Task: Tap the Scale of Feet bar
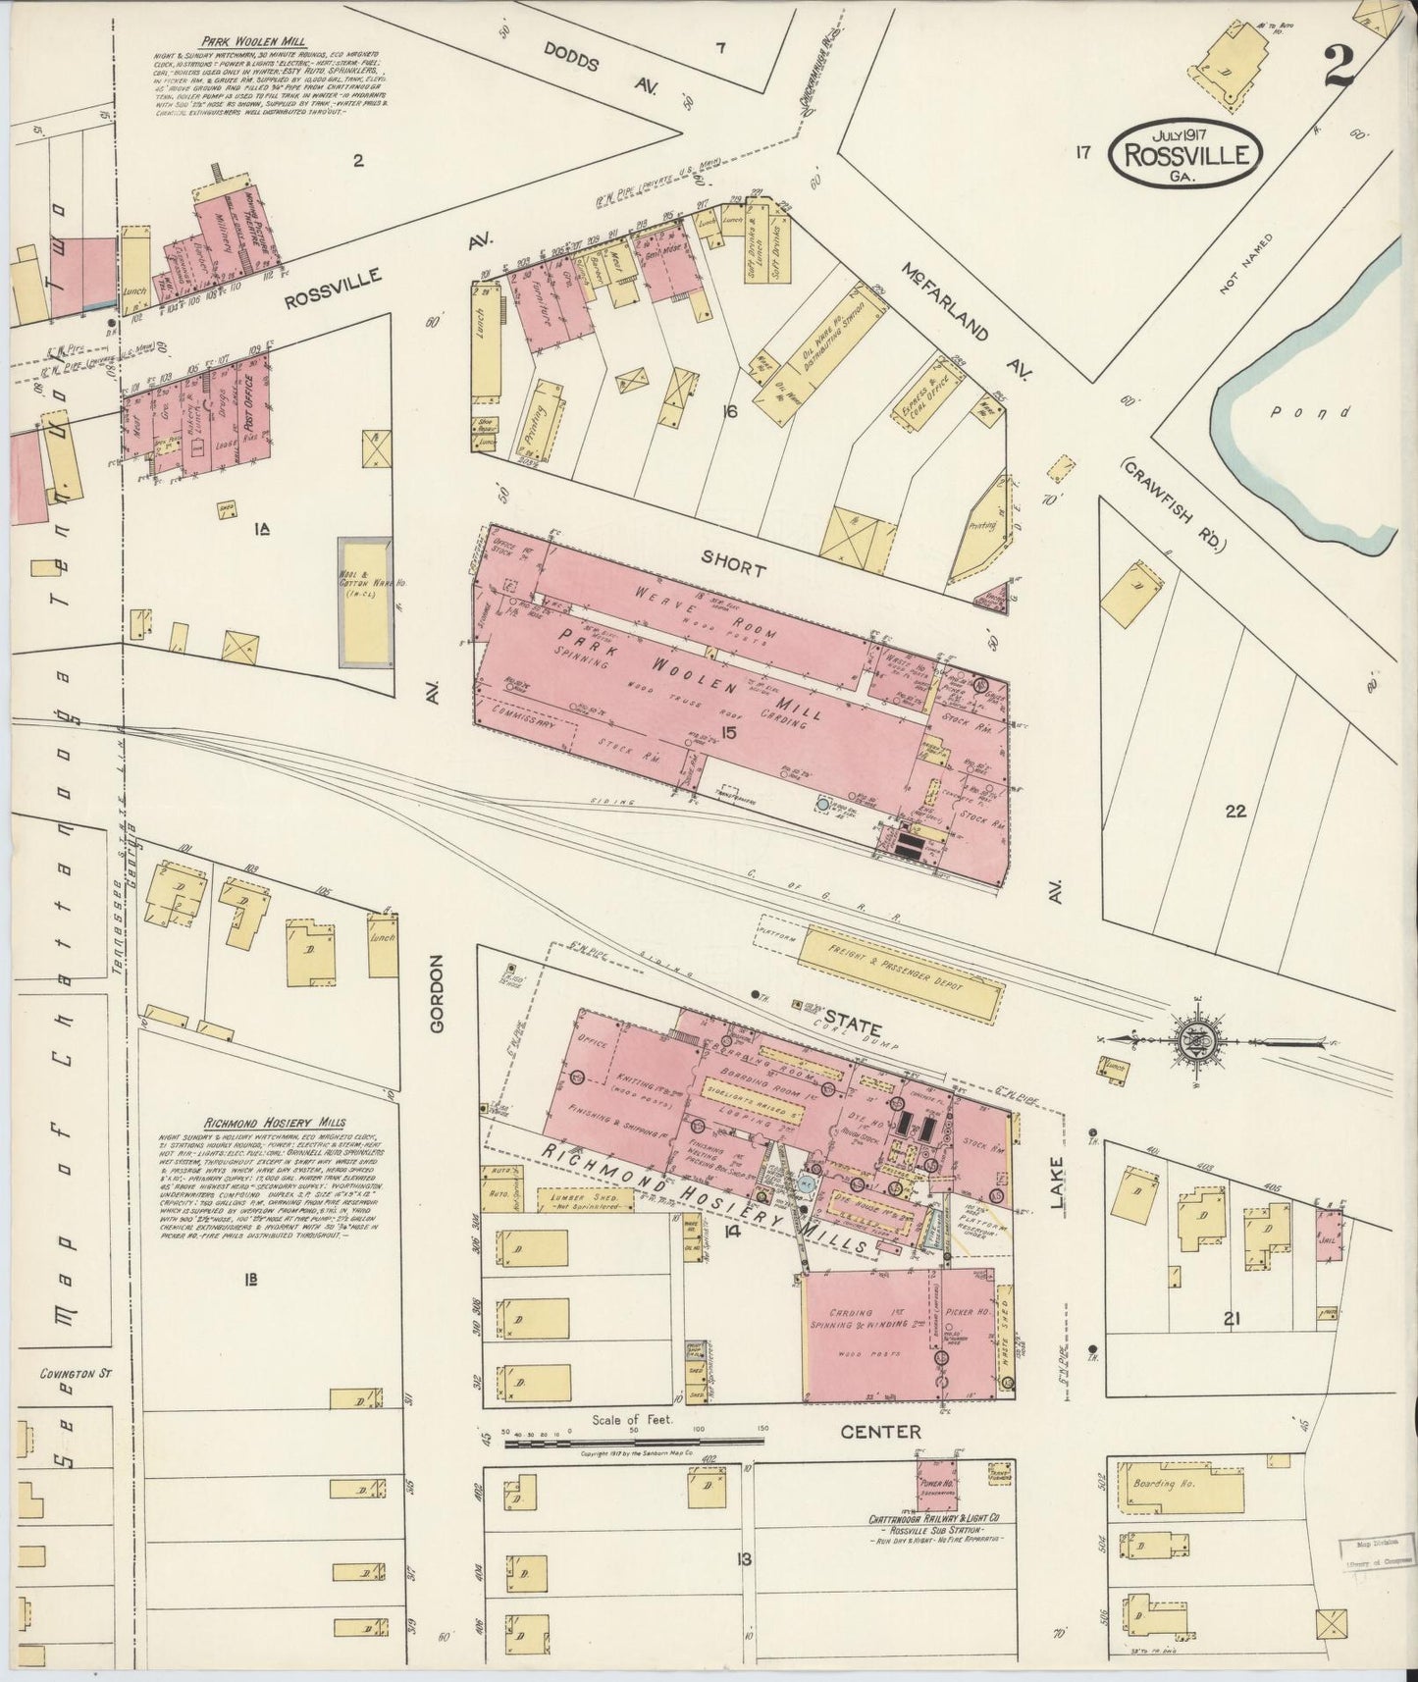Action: pyautogui.click(x=632, y=1442)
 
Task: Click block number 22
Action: pyautogui.click(x=1234, y=812)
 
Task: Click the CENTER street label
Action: pyautogui.click(x=881, y=1432)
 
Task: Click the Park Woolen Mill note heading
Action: pyautogui.click(x=253, y=42)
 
